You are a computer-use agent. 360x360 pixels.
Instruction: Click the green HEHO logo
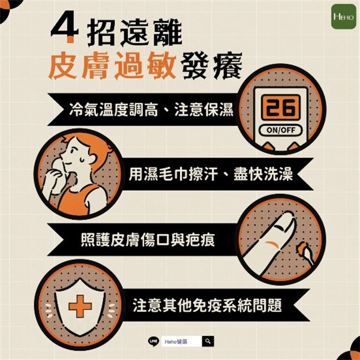tap(343, 17)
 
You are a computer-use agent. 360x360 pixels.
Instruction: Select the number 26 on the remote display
tap(281, 107)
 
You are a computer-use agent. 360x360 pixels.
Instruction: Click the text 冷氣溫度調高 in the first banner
tap(113, 110)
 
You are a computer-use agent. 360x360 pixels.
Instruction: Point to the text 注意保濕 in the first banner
tap(203, 110)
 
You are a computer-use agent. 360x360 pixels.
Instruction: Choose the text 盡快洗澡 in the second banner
tap(263, 174)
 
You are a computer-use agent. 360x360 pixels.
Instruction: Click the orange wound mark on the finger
tap(272, 244)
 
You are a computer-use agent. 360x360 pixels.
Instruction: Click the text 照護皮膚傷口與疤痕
tap(148, 240)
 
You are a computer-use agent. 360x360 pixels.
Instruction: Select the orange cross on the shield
tap(80, 306)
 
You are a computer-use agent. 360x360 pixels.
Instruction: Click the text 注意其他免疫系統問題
tap(207, 305)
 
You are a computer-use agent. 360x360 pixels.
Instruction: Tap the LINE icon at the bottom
tap(153, 341)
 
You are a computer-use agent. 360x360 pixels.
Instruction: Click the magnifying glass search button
tap(208, 341)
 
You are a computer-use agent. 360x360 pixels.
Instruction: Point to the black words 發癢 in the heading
tap(211, 67)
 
